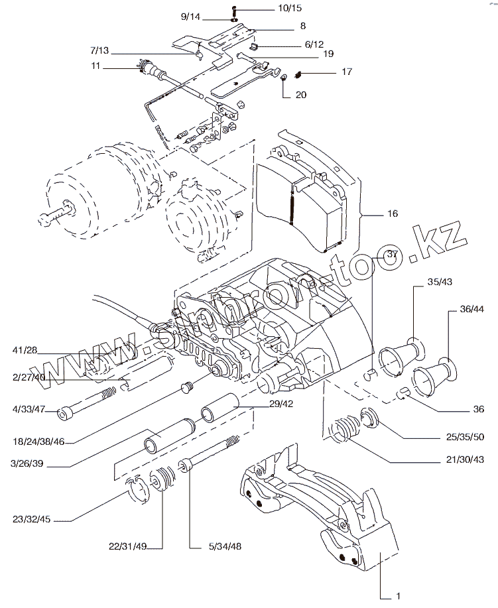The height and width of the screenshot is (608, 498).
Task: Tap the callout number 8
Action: [302, 27]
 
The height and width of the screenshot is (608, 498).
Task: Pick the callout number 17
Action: [347, 71]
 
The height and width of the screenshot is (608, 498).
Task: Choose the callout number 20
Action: [301, 95]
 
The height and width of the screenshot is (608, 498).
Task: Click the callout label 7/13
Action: [100, 50]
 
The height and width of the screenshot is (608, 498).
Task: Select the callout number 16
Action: [393, 214]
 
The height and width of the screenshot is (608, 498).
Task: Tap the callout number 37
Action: [393, 255]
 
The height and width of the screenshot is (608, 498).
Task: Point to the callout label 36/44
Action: [471, 309]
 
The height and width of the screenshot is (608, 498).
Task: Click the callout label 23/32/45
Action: [32, 520]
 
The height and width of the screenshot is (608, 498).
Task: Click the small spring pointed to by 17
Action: [299, 72]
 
